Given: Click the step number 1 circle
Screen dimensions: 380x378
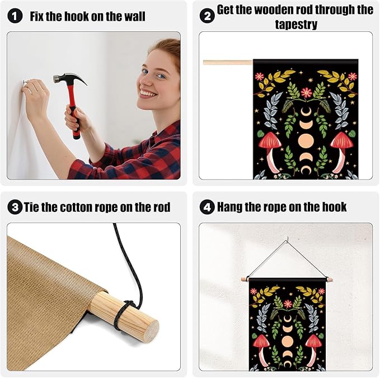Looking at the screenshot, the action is (15, 16).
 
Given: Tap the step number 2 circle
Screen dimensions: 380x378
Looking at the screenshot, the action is (207, 16).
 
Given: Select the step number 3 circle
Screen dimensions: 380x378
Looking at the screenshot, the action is (15, 207).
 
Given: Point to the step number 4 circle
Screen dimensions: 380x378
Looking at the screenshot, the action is (207, 207).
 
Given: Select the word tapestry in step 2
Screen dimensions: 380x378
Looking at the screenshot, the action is (296, 25).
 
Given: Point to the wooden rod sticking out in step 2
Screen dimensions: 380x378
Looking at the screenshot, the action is (228, 63).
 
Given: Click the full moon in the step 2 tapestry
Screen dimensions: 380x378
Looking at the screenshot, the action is (306, 140).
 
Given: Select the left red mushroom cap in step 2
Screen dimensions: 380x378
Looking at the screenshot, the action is (270, 140).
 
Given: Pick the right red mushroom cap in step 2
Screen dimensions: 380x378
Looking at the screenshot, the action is (342, 140).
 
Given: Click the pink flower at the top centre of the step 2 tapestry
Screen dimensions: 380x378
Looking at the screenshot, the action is (306, 92).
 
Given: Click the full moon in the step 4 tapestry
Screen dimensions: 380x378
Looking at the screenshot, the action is (288, 342).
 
